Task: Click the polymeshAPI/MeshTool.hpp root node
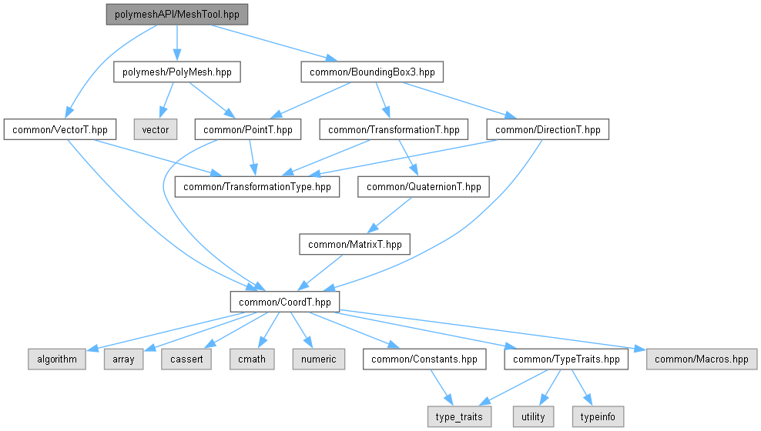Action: pos(177,15)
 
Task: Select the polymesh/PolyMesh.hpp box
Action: pos(177,72)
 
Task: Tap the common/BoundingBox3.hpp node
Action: pos(372,72)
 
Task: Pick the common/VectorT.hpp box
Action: pos(59,129)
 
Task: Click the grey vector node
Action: pos(155,129)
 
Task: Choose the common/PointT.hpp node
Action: pos(247,129)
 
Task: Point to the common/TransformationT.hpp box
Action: pos(394,129)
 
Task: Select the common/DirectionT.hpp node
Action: pos(548,129)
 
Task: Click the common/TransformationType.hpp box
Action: pos(257,186)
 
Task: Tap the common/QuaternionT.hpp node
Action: pos(424,186)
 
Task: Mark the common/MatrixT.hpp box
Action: pos(354,245)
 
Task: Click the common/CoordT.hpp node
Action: pos(285,302)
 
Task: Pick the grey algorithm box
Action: pos(56,359)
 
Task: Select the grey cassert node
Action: pos(186,359)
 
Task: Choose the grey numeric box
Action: pos(318,359)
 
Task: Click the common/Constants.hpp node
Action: pos(424,359)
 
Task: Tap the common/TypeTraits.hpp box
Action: pos(566,359)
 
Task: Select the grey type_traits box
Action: pos(460,416)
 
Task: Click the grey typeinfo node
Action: pos(597,416)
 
